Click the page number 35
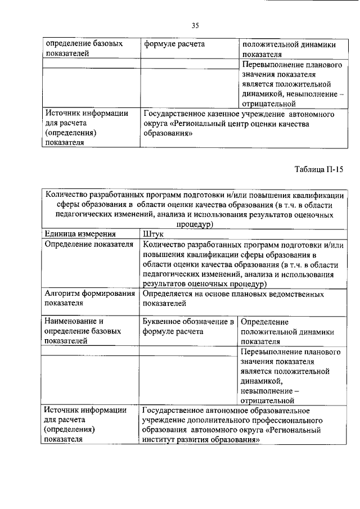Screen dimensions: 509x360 click(195, 25)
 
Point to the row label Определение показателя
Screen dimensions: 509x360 click(89, 244)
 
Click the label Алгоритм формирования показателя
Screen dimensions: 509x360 click(89, 299)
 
